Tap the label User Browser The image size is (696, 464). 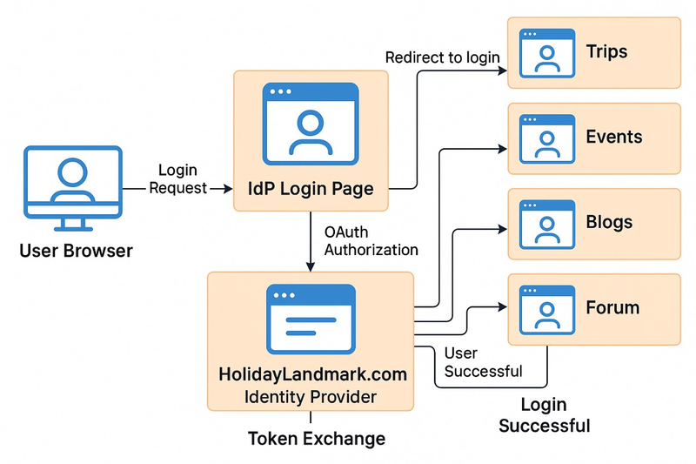[76, 252]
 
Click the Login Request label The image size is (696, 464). [178, 179]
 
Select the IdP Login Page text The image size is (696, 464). [311, 189]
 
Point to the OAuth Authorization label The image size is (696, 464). [371, 241]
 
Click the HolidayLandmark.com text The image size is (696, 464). [311, 375]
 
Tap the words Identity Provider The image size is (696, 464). [311, 398]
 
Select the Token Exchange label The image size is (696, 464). [317, 438]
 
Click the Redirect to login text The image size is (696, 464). [442, 57]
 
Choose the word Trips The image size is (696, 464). [606, 51]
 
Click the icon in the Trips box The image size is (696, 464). [547, 54]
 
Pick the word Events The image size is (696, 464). [613, 137]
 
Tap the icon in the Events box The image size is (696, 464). [547, 139]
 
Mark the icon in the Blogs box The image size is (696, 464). [547, 225]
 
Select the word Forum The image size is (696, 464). [612, 307]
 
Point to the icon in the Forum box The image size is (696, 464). [547, 310]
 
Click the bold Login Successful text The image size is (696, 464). [544, 415]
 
